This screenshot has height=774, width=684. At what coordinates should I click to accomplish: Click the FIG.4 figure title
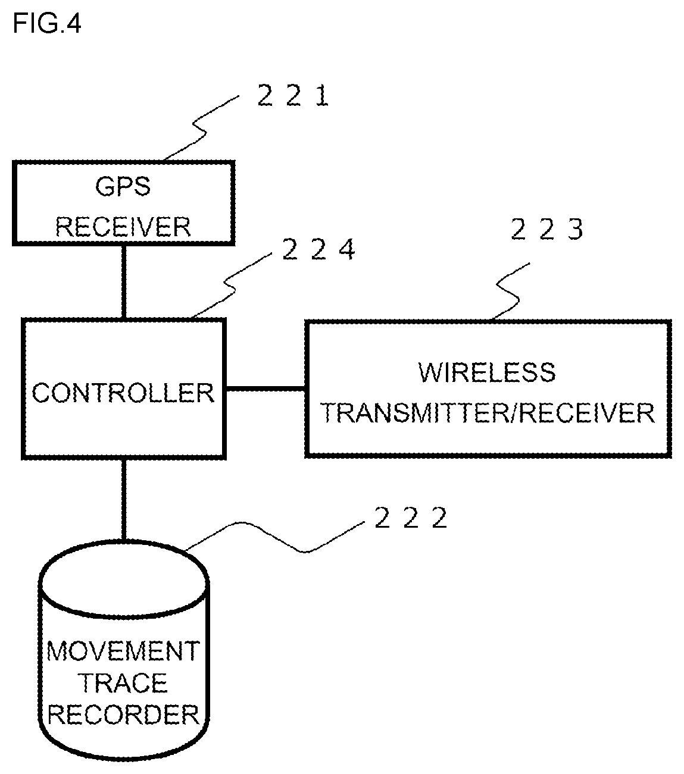pos(46,23)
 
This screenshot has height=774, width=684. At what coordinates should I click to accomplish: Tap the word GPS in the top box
pos(123,186)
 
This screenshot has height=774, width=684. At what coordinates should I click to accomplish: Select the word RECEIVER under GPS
pos(123,227)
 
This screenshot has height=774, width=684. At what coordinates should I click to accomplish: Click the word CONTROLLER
pos(123,393)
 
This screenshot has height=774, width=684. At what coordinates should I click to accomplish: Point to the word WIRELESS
pos(487,372)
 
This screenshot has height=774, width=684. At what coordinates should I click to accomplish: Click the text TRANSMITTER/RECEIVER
pos(488,413)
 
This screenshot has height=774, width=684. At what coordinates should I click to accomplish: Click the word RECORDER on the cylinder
pos(123,715)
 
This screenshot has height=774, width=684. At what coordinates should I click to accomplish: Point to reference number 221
pos(293,96)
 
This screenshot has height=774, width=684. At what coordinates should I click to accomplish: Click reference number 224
pos(318,249)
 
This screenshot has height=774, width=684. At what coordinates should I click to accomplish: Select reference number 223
pos(546,229)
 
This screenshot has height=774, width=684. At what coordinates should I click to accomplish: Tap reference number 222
pos(410,518)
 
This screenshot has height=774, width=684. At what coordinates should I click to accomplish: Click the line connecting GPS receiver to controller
pos(124,281)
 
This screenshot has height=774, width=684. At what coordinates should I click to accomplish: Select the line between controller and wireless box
pos(266,389)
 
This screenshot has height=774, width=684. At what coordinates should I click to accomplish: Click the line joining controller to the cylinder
pos(124,500)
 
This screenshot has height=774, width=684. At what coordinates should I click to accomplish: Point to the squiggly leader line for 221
pos(201,128)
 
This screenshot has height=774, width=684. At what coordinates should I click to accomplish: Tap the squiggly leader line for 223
pos(511,291)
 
